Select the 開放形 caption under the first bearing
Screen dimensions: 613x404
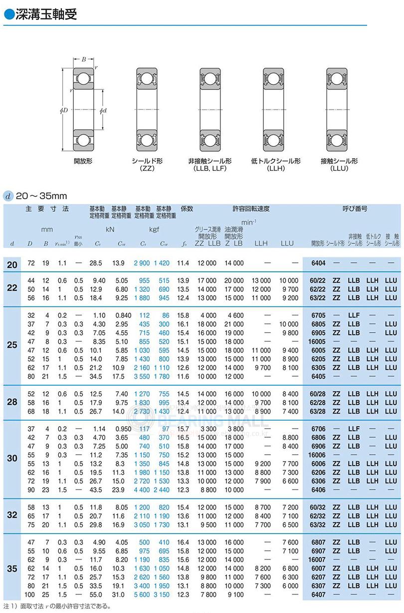point(83,161)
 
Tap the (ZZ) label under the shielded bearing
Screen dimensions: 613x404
point(147,169)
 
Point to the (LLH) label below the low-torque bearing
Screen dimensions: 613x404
point(275,169)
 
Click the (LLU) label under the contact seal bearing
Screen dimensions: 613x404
point(339,169)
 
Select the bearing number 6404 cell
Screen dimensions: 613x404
point(318,263)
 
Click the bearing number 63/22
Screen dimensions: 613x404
point(318,298)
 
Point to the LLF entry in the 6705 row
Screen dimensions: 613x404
point(354,315)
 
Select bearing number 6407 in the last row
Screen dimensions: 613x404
point(318,595)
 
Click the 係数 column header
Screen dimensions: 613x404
point(187,208)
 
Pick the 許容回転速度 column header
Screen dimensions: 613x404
point(251,208)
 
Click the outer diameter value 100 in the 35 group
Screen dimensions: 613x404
point(29,595)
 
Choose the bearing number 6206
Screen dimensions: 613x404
point(318,472)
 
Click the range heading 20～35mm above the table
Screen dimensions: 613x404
point(41,196)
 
